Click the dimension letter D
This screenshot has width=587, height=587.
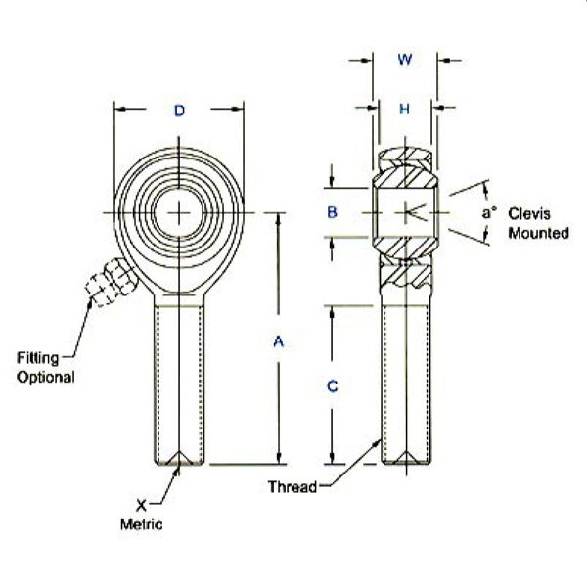click(x=179, y=112)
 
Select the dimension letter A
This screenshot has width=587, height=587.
click(x=278, y=341)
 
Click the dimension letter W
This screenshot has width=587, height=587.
click(x=404, y=60)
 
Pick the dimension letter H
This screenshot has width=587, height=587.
click(x=404, y=109)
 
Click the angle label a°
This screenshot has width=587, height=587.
click(x=489, y=212)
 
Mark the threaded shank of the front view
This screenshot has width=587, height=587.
click(x=180, y=382)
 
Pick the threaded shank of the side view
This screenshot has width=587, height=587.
click(x=404, y=382)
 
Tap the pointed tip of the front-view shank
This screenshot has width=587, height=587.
click(x=180, y=461)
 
